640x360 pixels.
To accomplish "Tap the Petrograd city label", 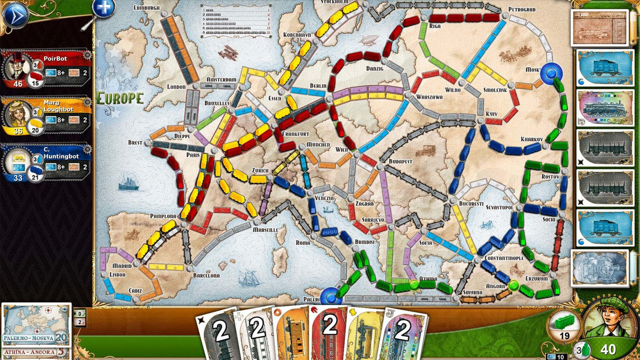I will click(522, 9).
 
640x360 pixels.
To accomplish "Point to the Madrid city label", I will click(122, 266).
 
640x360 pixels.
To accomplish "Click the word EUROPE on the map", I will click(120, 98).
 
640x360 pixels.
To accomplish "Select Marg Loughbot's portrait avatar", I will click(16, 114).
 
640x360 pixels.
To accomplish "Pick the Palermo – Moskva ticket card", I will click(36, 325).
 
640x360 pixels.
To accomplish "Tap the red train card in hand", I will click(328, 332).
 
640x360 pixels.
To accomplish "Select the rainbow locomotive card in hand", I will click(403, 334).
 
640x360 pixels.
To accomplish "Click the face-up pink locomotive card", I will click(605, 108).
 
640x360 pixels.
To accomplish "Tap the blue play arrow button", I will click(15, 15).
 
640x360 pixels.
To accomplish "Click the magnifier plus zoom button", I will click(103, 8).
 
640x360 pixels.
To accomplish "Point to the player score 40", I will click(608, 350).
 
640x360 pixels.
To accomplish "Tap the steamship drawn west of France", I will click(128, 182).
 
